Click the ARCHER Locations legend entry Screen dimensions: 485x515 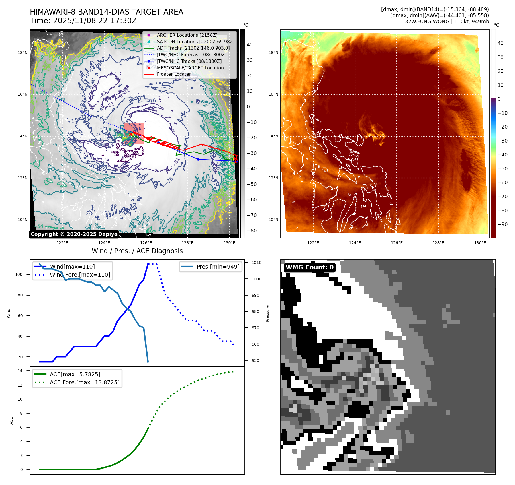click(x=187, y=35)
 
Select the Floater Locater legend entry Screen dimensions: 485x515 click(x=174, y=74)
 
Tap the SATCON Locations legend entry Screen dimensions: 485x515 click(x=195, y=42)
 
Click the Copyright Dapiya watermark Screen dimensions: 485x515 click(x=74, y=234)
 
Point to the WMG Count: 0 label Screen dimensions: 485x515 click(x=310, y=267)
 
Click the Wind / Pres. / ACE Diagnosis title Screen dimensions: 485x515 click(x=137, y=251)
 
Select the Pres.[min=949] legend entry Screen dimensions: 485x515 click(x=218, y=267)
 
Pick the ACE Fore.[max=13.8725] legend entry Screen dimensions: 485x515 click(x=85, y=382)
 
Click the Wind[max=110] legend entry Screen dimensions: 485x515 click(x=72, y=267)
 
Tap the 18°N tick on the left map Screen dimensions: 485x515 click(x=23, y=53)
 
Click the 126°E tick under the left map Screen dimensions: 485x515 click(x=146, y=243)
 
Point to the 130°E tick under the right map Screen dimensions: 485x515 click(x=480, y=243)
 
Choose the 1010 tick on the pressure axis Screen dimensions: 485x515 click(x=256, y=263)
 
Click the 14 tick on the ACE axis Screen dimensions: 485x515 click(x=20, y=371)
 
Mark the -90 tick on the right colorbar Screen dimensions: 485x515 click(x=502, y=224)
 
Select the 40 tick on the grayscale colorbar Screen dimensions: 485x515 click(x=250, y=45)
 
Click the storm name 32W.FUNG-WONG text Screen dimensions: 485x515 click(x=427, y=22)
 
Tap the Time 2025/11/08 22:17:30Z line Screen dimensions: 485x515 click(x=83, y=21)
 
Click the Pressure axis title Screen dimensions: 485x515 click(x=267, y=313)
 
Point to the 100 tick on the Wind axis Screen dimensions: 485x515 click(x=19, y=274)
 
